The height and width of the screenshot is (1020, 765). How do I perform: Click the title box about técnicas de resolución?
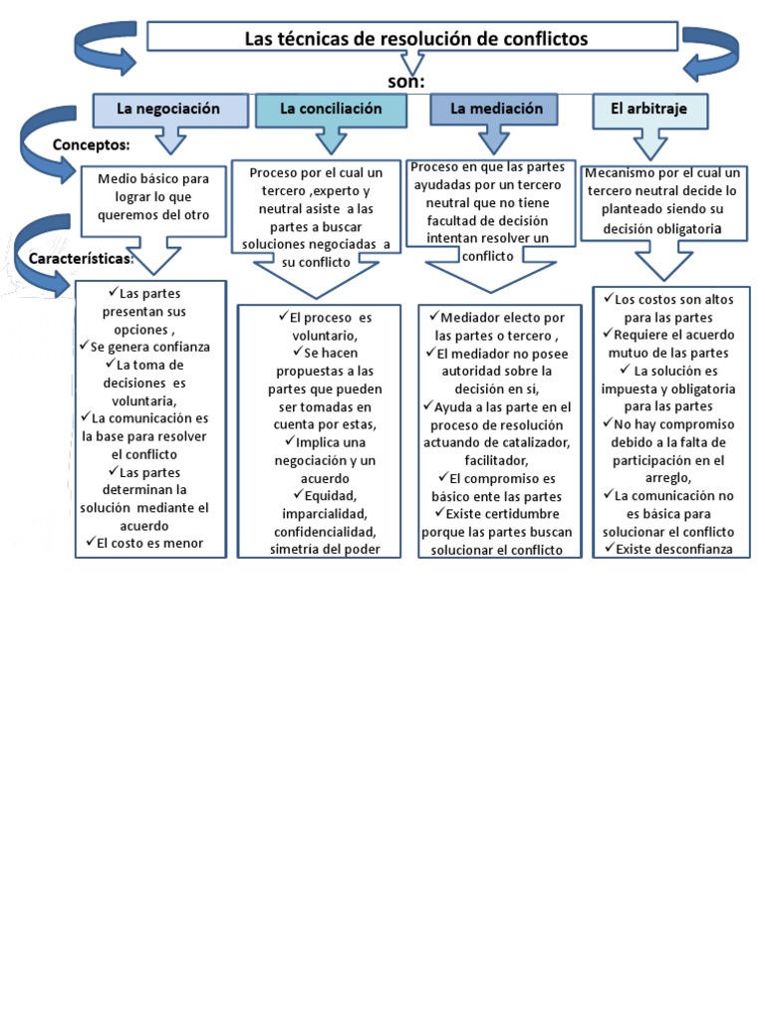point(412,37)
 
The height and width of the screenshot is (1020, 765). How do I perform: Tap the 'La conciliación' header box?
point(331,109)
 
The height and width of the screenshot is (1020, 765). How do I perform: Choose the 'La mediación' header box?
point(495,109)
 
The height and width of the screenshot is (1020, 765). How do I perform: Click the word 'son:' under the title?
point(406,81)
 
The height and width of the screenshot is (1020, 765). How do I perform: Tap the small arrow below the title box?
point(412,65)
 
